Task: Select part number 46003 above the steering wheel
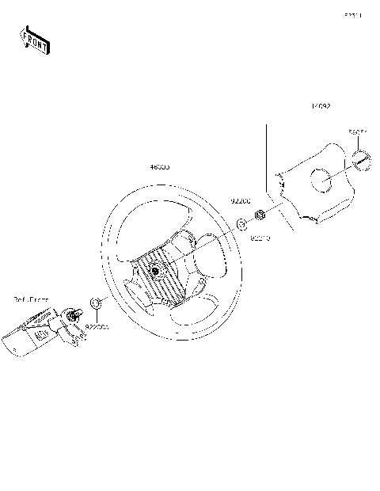[x=161, y=168]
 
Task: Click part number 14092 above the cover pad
[x=321, y=105]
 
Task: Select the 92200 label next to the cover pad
[x=241, y=202]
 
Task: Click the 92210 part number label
[x=260, y=237]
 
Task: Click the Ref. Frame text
[x=30, y=299]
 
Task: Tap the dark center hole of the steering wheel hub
[x=154, y=272]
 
